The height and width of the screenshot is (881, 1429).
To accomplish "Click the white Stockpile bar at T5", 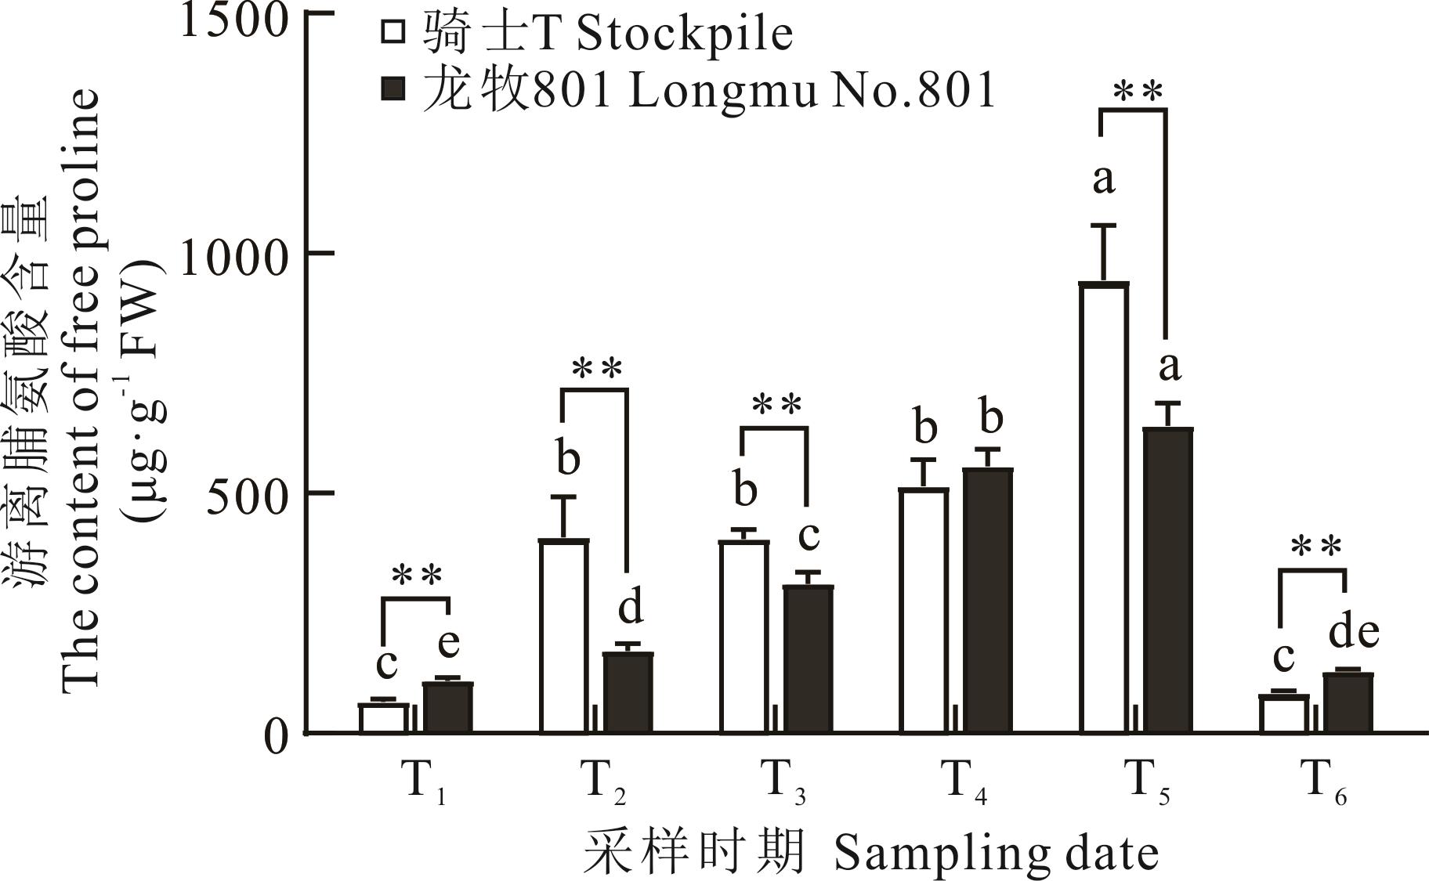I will tap(1104, 509).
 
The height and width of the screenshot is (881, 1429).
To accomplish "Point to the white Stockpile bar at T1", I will tap(384, 718).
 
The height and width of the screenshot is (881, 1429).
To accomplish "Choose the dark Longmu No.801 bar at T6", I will tap(1348, 703).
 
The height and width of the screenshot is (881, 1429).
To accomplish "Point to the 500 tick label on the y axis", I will tap(249, 496).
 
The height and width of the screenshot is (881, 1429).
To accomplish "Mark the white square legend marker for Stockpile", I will tap(393, 33).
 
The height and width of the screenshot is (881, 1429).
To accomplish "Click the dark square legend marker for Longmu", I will tap(393, 88).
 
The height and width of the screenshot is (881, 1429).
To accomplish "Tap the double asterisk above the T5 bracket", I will tap(1138, 92).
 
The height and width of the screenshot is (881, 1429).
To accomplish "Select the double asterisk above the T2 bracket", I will tap(597, 369).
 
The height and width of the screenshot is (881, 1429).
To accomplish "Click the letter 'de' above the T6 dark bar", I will tap(1353, 632).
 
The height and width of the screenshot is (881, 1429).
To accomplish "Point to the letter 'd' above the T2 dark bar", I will tap(630, 608).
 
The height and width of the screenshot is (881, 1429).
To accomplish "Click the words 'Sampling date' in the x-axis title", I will tap(996, 853).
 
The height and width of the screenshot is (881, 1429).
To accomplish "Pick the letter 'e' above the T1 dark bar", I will tap(448, 644).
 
